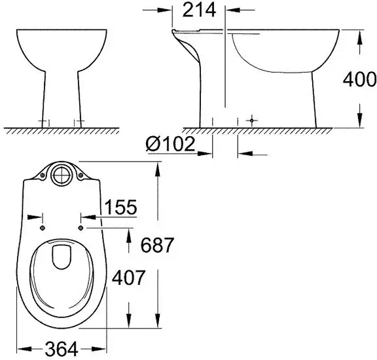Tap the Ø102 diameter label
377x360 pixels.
coord(171,143)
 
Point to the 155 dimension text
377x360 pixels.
coord(118,207)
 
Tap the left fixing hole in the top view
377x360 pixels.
coord(43,227)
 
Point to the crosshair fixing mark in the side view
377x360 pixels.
coord(251,121)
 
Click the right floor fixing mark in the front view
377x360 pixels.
coord(80,122)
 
